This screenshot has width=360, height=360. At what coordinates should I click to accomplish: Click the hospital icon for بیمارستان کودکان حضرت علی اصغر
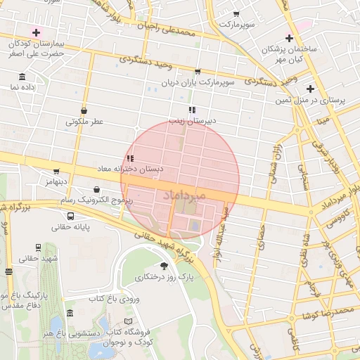(x=36, y=33)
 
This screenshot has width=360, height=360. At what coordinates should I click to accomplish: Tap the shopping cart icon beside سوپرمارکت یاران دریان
(x=198, y=72)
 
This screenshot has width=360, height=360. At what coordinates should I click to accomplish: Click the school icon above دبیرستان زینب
(x=192, y=110)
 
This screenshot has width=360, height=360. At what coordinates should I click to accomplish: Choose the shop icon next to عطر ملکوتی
(x=84, y=110)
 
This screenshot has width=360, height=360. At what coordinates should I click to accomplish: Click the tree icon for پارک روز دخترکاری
(x=165, y=266)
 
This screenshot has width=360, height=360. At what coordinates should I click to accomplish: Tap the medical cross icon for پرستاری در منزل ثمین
(x=311, y=89)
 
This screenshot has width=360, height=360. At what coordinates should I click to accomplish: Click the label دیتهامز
(x=54, y=181)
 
